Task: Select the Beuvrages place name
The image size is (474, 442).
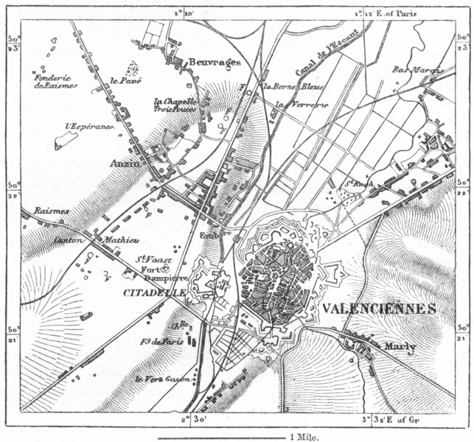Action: point(215,63)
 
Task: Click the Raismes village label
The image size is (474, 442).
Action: point(50,211)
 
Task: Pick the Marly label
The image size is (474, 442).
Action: point(400,347)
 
